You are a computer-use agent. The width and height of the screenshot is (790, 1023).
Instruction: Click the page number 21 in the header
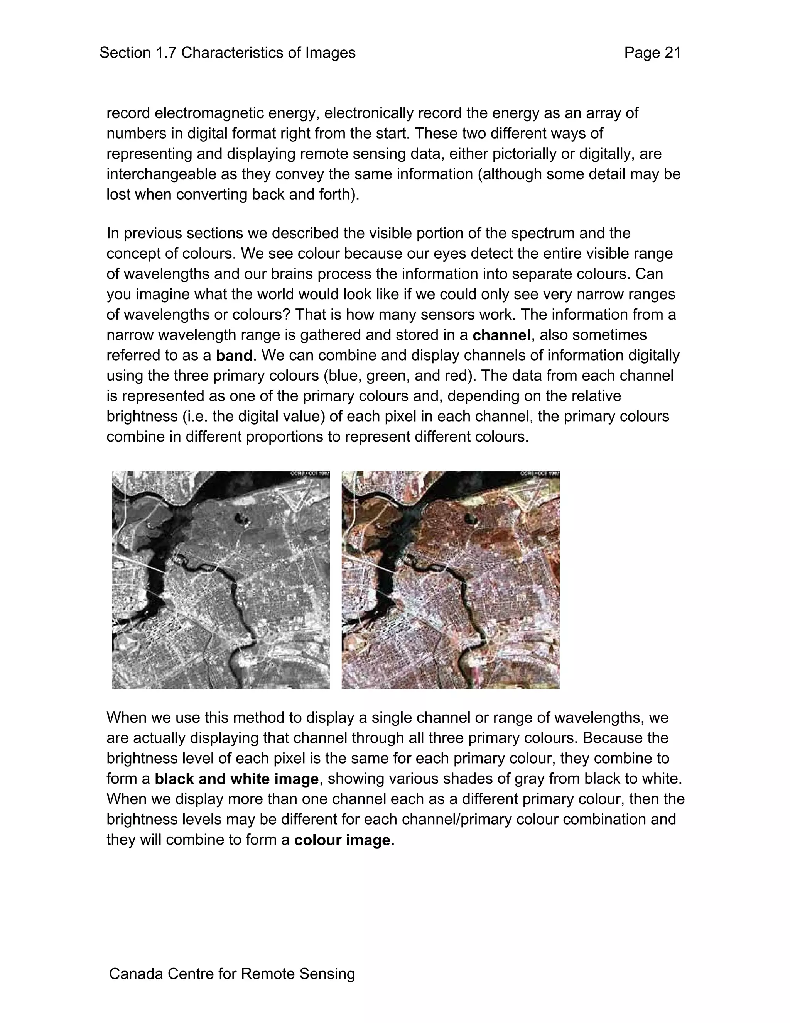click(x=672, y=53)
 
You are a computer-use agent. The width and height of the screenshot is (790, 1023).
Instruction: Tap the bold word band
click(x=234, y=356)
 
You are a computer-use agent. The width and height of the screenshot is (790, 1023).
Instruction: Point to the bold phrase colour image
click(x=342, y=840)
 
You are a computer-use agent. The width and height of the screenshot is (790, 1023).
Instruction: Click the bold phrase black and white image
click(x=236, y=779)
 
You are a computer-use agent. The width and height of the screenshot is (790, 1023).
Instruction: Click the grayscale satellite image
click(x=221, y=580)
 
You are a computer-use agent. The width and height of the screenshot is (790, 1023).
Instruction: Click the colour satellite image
click(x=450, y=580)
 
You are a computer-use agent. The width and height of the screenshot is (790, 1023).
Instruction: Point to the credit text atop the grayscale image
click(x=310, y=474)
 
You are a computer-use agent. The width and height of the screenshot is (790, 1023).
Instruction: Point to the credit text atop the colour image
click(x=539, y=474)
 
